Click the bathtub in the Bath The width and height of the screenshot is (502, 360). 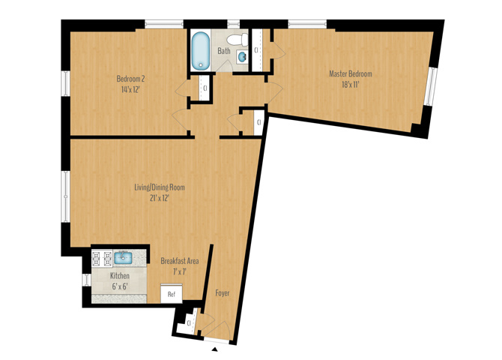tap(201, 50)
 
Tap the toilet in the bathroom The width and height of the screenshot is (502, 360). tap(238, 40)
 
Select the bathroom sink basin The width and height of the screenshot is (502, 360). tap(242, 57)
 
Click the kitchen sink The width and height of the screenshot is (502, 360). tap(123, 258)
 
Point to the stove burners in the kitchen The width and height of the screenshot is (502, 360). tap(102, 259)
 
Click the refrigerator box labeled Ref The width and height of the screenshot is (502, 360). tap(172, 293)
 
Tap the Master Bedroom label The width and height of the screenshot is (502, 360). tap(351, 74)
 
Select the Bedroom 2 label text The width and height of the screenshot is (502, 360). tap(130, 79)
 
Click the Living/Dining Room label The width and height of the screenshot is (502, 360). tap(160, 187)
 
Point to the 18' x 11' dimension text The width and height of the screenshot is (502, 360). tap(351, 85)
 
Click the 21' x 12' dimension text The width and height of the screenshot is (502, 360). tap(160, 198)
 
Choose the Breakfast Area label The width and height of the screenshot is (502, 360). tap(180, 261)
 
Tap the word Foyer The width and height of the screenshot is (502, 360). tap(223, 293)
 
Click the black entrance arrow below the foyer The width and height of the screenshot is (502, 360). tap(216, 349)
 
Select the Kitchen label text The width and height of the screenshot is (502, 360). tap(120, 276)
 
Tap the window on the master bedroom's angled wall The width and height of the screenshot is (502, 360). tap(430, 86)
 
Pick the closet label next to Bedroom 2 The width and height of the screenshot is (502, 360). tap(205, 88)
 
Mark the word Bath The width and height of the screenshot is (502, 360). tap(224, 51)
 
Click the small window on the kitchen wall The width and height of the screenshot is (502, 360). tap(86, 280)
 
